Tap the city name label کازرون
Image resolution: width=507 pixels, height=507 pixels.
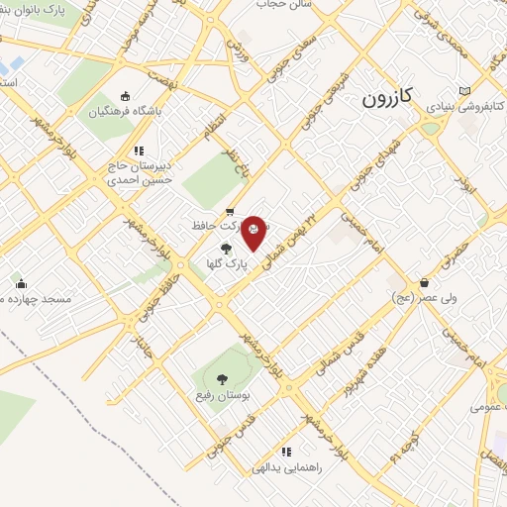tap(383, 99)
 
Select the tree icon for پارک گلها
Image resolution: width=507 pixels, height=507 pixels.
tap(226, 250)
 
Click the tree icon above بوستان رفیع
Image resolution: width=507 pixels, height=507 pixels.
tap(220, 378)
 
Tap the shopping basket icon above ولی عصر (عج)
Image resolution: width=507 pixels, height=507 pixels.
tap(424, 282)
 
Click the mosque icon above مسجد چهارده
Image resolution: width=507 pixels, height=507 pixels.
tap(21, 285)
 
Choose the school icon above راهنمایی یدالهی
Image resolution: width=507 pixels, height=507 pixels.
tap(286, 452)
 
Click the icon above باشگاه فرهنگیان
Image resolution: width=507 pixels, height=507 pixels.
tap(125, 96)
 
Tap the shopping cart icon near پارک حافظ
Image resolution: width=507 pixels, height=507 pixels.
tap(230, 210)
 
